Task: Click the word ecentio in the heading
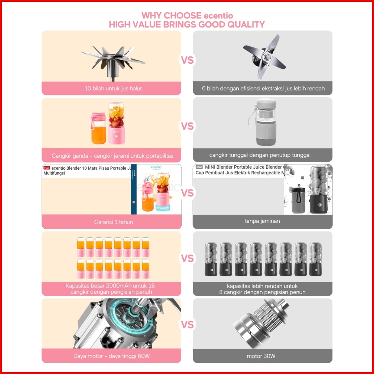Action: click(218, 16)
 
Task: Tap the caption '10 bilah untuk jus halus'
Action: click(114, 89)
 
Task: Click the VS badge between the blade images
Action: click(187, 60)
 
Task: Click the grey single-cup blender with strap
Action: click(263, 122)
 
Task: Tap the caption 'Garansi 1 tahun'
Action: click(114, 222)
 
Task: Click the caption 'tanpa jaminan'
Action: click(262, 221)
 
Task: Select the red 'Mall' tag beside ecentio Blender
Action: click(47, 168)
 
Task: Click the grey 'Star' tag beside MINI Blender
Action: click(199, 167)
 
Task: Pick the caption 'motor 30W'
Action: click(261, 356)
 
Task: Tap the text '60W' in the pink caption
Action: click(144, 356)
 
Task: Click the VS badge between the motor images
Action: click(187, 325)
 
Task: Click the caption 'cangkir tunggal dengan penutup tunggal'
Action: click(260, 155)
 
